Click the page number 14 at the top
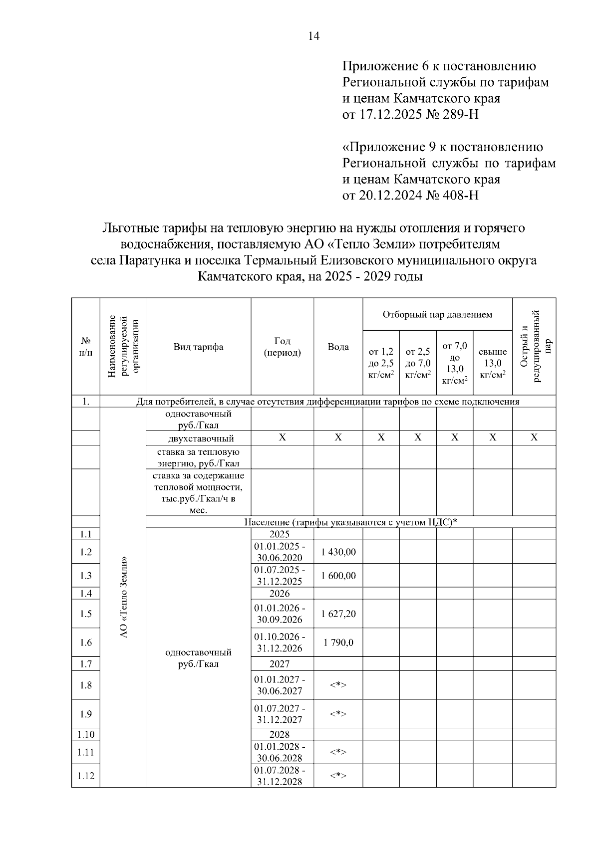click(x=314, y=36)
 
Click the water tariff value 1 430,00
click(x=338, y=552)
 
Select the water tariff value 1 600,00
click(x=338, y=576)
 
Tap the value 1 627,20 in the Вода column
click(x=338, y=614)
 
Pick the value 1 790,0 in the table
click(x=338, y=642)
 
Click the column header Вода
click(x=338, y=347)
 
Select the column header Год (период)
click(x=282, y=347)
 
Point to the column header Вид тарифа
click(x=198, y=347)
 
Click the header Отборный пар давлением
click(x=437, y=315)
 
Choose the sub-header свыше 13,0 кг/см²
click(x=492, y=363)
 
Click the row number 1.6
click(x=86, y=642)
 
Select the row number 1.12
click(x=86, y=776)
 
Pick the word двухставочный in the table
click(x=201, y=438)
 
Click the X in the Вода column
click(x=338, y=437)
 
